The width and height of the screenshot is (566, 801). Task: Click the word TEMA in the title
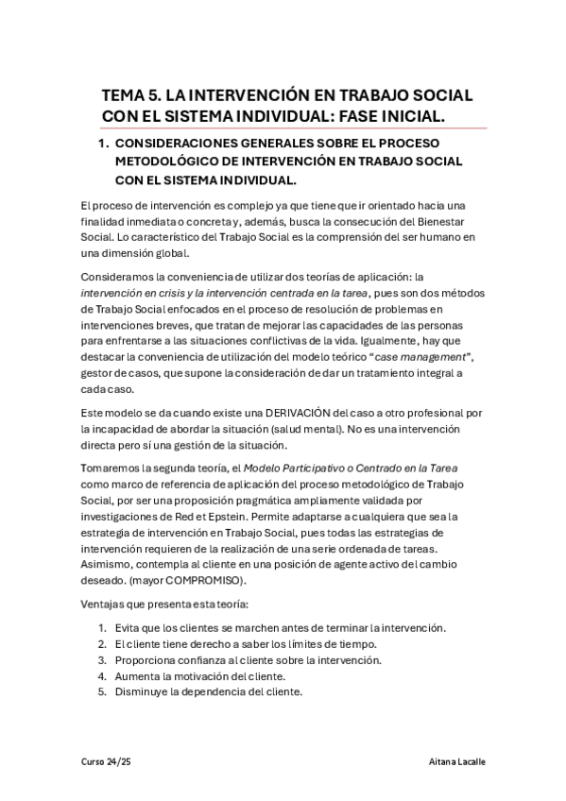click(x=126, y=97)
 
